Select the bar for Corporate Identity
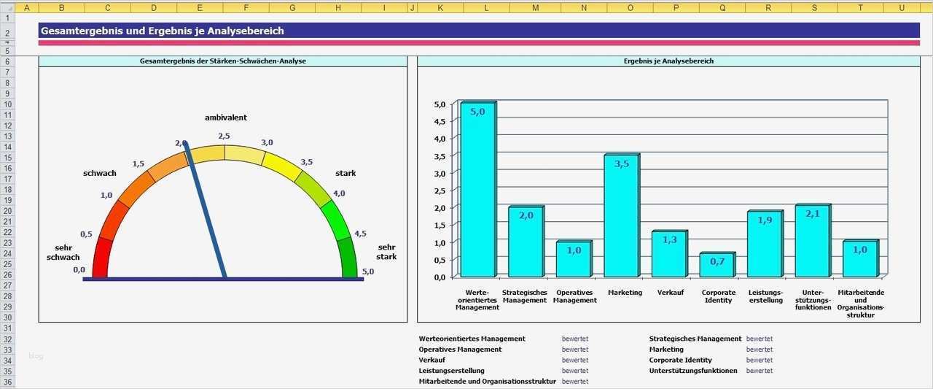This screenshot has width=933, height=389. point(717,266)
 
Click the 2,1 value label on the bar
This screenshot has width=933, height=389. point(813,214)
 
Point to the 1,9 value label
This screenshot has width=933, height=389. point(765,220)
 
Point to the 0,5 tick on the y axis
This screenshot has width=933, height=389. point(440,260)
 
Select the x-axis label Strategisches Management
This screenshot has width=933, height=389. point(524,296)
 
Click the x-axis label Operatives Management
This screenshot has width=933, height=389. point(574,296)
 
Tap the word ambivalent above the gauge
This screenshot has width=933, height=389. point(225,118)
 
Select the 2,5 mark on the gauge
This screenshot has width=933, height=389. point(224,136)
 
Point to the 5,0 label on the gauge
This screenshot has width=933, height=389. point(367,271)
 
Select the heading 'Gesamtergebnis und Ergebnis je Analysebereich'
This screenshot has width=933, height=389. point(163,31)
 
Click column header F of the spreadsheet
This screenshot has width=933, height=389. point(246,7)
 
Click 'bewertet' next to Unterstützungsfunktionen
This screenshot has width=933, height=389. point(759,371)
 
